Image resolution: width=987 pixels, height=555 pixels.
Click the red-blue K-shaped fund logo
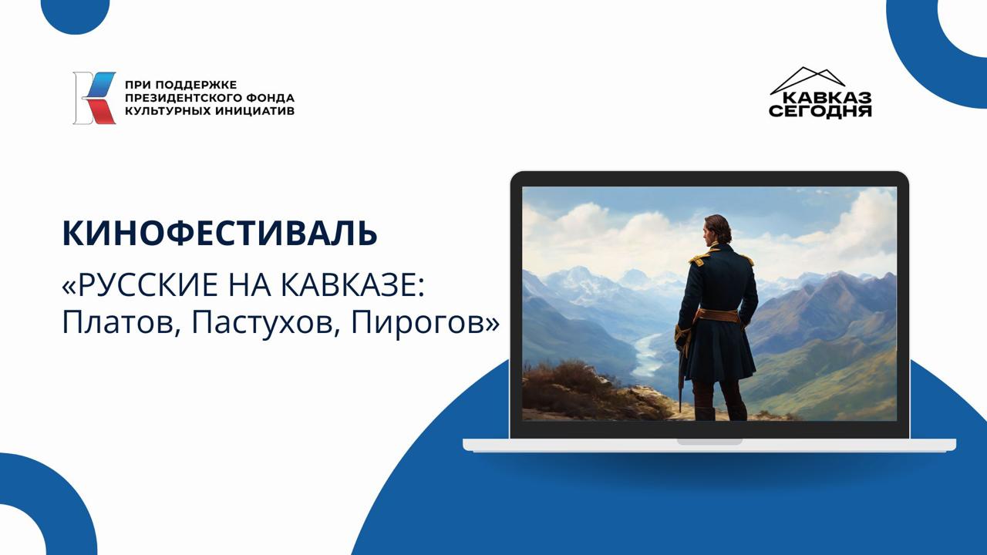(x=95, y=98)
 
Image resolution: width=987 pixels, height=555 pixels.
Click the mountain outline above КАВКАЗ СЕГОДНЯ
(x=807, y=77)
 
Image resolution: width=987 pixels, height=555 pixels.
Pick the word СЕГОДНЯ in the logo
(x=820, y=111)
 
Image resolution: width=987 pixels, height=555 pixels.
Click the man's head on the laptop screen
(x=718, y=229)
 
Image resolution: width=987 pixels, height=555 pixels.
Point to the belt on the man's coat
(x=717, y=314)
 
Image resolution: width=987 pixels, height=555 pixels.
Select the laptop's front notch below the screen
(x=709, y=442)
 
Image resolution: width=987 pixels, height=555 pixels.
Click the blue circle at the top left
(x=75, y=13)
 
